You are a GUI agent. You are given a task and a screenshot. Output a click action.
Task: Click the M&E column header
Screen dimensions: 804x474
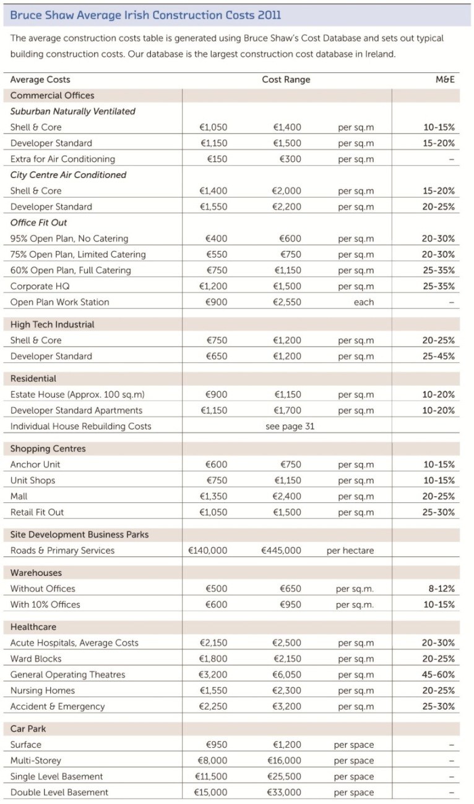[x=445, y=80]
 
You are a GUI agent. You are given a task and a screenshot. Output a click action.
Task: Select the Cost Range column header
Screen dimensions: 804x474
[x=286, y=80]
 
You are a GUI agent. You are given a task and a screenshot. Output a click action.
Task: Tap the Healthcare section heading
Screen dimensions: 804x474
[x=33, y=627]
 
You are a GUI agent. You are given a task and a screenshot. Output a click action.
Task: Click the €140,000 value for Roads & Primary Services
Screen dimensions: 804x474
[x=207, y=551]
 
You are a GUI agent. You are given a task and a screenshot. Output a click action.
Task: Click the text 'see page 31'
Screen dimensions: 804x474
[x=290, y=426]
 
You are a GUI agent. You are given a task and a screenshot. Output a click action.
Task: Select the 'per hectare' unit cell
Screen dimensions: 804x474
[x=350, y=551]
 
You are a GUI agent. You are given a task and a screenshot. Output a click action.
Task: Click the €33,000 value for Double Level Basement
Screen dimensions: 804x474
[x=285, y=792]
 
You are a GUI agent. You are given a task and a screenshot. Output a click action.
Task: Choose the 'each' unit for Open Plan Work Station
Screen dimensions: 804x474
[x=364, y=302]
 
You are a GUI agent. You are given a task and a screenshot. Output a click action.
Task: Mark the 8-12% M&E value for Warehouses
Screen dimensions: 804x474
[x=441, y=589]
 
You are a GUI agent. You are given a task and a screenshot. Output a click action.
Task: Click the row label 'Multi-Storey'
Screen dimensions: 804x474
[x=36, y=761]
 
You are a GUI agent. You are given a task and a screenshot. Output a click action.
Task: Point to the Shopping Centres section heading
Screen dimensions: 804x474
[x=48, y=449]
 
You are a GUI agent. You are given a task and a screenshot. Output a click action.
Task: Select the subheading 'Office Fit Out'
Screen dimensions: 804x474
[x=39, y=222]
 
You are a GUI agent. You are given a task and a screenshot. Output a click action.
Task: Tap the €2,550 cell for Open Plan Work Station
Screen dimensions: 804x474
[x=287, y=302]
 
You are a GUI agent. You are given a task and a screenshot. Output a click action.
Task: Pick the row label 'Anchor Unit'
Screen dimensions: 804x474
[x=35, y=465]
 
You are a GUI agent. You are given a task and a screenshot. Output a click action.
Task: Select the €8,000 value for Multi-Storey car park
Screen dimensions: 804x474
[x=212, y=761]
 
